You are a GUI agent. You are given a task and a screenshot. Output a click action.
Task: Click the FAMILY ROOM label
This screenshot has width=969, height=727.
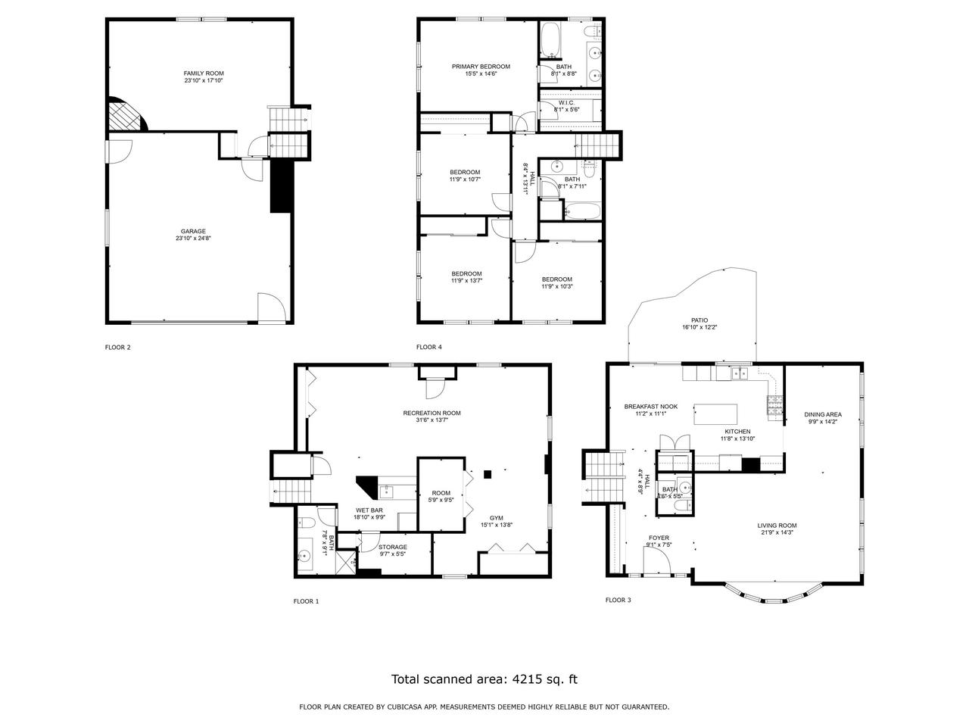click(204, 73)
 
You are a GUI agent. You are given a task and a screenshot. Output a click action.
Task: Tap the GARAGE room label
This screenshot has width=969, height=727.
click(193, 232)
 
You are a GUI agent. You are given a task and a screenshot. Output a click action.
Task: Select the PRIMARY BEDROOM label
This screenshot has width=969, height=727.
click(481, 67)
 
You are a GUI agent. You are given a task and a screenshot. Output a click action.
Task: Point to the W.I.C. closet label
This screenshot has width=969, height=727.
click(567, 103)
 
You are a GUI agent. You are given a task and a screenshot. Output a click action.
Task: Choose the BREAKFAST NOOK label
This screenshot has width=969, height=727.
click(650, 407)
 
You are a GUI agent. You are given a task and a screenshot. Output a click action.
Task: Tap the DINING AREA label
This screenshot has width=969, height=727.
click(823, 414)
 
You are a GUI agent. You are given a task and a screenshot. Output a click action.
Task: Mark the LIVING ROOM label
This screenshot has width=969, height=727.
click(777, 526)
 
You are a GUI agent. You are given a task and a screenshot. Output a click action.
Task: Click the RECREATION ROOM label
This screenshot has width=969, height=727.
click(432, 413)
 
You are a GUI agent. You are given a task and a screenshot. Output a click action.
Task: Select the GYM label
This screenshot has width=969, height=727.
click(497, 517)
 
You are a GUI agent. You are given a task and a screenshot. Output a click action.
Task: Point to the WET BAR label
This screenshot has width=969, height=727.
click(370, 510)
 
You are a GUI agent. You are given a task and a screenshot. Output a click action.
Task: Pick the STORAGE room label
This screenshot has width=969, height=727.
click(393, 547)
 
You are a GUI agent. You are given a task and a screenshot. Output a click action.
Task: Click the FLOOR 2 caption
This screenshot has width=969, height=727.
click(117, 348)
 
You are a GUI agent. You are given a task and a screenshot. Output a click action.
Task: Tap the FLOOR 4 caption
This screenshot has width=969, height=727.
click(429, 348)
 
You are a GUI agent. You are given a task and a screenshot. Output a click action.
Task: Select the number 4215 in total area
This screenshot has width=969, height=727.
click(523, 679)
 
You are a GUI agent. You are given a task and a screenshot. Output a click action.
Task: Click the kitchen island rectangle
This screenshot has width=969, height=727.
click(716, 414)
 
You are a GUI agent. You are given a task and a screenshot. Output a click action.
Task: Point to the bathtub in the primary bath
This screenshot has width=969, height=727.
click(550, 40)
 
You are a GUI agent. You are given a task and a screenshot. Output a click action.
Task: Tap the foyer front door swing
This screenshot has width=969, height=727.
click(657, 560)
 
